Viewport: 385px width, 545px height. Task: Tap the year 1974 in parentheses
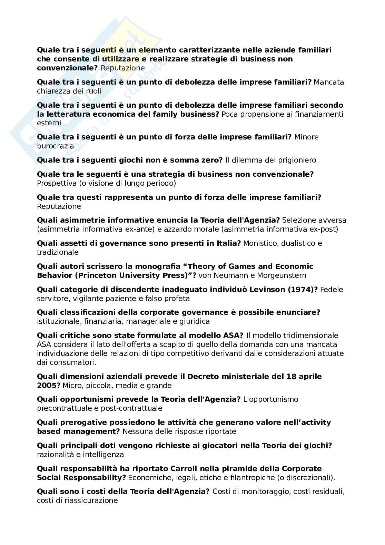pos(304,290)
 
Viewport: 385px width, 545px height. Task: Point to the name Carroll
pos(186,469)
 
